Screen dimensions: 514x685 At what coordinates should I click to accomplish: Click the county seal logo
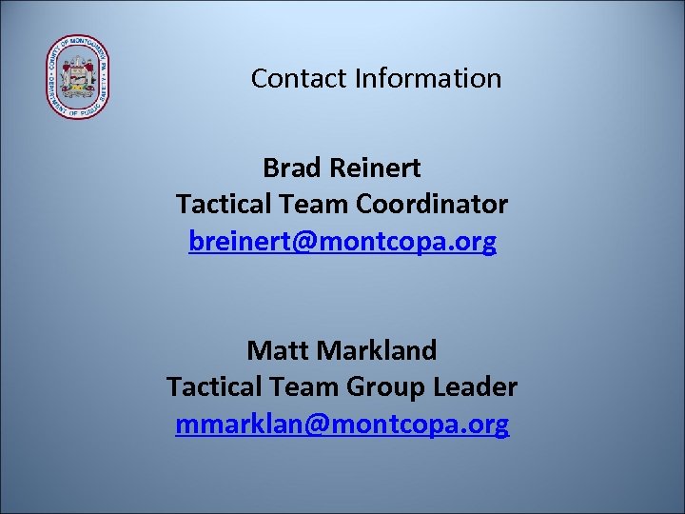point(78,78)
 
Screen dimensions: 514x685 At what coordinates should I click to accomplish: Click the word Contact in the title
point(299,78)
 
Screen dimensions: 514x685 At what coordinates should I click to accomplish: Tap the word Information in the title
point(428,78)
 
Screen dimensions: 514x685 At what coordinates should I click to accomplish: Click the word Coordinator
point(432,204)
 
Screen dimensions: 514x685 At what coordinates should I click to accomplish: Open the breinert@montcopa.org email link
point(342,242)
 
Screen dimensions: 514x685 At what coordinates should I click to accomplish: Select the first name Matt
point(277,350)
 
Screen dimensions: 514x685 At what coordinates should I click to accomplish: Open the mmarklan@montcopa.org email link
point(342,424)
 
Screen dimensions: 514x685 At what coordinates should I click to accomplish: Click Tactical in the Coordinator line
point(223,204)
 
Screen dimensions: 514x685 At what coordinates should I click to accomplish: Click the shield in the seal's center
point(78,78)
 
